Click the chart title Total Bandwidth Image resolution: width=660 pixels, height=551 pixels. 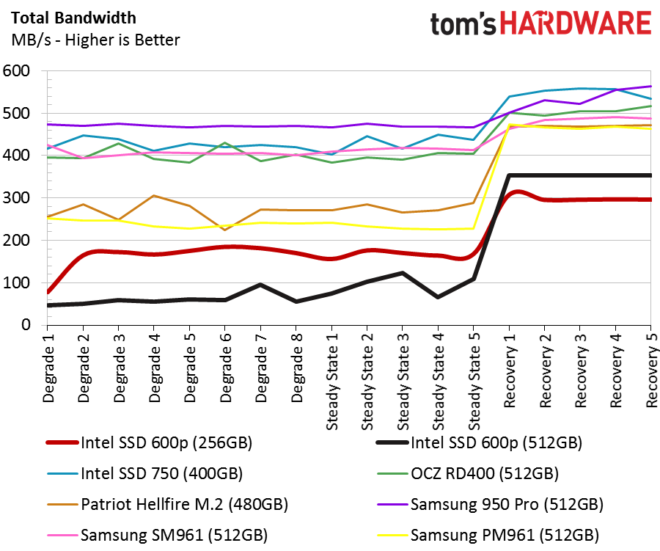(x=73, y=18)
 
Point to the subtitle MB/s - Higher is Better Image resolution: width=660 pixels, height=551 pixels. (x=95, y=40)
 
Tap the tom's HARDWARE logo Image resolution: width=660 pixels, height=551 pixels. (x=541, y=23)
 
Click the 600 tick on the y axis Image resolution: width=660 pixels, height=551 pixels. (x=16, y=70)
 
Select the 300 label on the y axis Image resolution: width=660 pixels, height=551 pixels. (x=16, y=197)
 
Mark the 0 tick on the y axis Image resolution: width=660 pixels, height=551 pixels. (x=26, y=324)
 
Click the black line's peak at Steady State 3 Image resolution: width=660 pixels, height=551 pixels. (x=403, y=273)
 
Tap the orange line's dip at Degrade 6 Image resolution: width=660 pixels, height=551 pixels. (x=225, y=230)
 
